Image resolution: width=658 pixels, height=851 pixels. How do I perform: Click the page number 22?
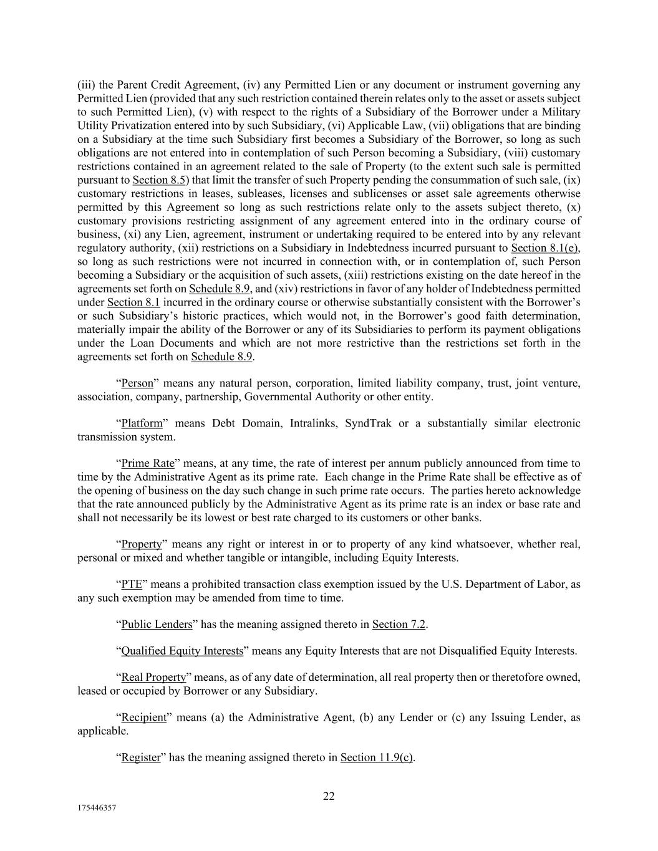pos(329,796)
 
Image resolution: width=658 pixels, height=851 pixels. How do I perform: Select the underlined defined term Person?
pos(137,383)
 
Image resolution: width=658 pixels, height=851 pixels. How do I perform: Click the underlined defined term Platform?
pos(142,423)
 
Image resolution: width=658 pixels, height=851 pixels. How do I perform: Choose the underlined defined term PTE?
pos(132,584)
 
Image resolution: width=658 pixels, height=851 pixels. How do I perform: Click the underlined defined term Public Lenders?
pos(157,624)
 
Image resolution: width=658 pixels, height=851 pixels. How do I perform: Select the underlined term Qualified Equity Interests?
pos(182,651)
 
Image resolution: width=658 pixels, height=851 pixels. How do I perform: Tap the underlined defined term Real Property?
pos(153,677)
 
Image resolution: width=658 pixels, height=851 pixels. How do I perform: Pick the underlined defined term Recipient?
pos(143,717)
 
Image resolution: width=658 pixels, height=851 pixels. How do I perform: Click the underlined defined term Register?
pos(140,757)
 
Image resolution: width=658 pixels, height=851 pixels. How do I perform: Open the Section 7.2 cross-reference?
pos(399,624)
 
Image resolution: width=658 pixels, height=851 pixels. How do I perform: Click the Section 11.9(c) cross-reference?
pos(377,757)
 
